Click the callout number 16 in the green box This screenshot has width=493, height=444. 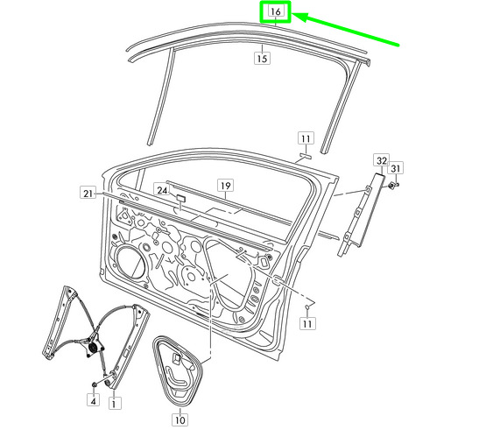pos(276,11)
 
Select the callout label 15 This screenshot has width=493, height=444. pos(262,59)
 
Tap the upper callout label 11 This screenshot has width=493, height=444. pos(306,138)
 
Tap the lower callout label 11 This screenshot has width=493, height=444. pos(307,323)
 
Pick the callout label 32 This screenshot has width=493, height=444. pos(382,160)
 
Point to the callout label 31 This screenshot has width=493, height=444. pos(396,168)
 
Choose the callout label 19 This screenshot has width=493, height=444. pos(226,186)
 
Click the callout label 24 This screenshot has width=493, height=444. pos(162,190)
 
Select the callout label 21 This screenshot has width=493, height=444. pos(88,193)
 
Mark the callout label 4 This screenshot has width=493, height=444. pos(94,400)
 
